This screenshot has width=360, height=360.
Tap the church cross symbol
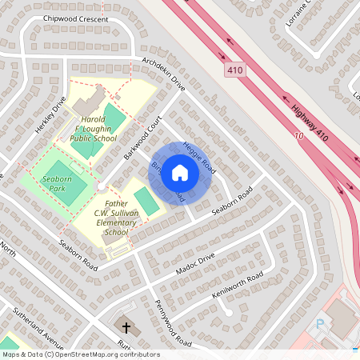point(125,326)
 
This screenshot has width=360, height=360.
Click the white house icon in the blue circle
point(180,173)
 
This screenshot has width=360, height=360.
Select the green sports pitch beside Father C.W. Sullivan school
point(146,200)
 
